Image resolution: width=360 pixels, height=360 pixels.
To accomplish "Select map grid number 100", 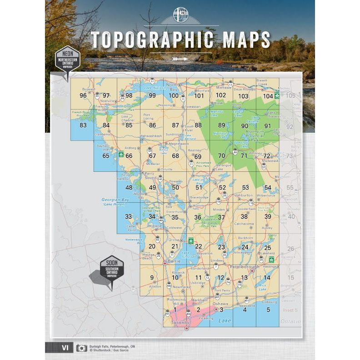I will (x=174, y=95).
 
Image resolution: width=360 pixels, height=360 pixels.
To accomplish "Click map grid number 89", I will (x=222, y=125).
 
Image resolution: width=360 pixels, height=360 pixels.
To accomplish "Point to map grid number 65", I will (x=106, y=156).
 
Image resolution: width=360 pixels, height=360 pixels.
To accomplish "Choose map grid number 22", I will (x=198, y=246).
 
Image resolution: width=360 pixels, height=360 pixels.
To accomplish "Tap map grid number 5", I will (x=268, y=310).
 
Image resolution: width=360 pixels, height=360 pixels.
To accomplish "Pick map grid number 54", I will (x=268, y=187).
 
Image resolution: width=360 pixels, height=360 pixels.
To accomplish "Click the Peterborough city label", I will (x=245, y=267).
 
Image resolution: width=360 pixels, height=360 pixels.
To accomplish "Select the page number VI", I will (x=65, y=348).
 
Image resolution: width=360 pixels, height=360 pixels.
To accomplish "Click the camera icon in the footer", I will (x=81, y=348).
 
